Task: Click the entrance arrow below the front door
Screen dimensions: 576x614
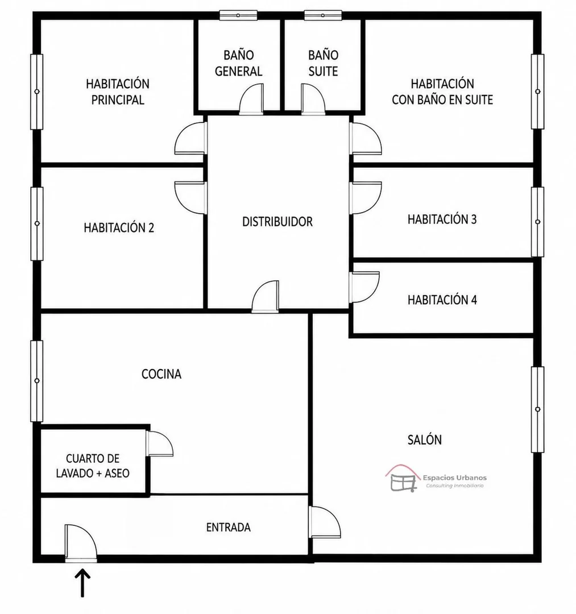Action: pos(82,583)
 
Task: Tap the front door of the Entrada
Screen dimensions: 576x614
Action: pos(81,543)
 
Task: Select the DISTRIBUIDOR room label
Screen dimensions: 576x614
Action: pos(277,222)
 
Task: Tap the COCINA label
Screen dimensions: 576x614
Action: pos(161,374)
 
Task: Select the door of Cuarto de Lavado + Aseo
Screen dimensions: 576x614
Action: pos(159,443)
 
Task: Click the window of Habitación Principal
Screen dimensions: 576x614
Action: pos(37,92)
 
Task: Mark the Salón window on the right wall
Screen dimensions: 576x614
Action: pos(538,409)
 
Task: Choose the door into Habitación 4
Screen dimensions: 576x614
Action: pos(364,287)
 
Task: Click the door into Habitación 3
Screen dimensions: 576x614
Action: pos(366,198)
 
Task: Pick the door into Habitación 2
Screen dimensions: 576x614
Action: pos(190,198)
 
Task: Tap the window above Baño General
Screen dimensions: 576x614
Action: pos(238,15)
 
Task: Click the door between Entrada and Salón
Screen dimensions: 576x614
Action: pos(325,522)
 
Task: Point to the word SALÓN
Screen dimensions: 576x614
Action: pos(424,439)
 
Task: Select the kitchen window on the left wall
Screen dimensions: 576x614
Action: pos(37,380)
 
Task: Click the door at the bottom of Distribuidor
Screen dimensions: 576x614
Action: pos(265,296)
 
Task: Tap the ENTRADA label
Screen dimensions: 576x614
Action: pos(228,527)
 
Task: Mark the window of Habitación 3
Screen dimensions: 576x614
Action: pos(538,222)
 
